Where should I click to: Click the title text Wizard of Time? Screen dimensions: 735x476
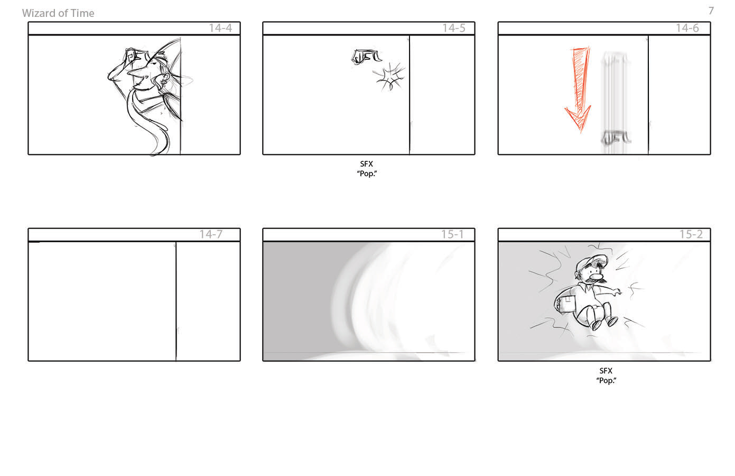[x=58, y=13]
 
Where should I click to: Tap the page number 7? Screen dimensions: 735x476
[x=711, y=11]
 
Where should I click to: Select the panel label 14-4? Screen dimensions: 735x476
[x=220, y=28]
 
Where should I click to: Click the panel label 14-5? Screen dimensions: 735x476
[x=454, y=28]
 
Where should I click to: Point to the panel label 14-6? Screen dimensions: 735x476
[x=687, y=28]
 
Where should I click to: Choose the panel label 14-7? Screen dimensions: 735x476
[x=211, y=234]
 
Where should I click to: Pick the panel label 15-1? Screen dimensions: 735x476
[x=452, y=234]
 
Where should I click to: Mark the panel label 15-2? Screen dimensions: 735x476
[x=691, y=234]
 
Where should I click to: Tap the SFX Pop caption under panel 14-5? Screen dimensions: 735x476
[x=367, y=169]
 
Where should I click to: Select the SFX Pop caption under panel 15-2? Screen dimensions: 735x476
[x=606, y=376]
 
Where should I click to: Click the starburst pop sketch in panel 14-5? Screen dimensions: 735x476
[x=389, y=77]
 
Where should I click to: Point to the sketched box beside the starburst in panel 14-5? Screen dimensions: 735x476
[x=366, y=57]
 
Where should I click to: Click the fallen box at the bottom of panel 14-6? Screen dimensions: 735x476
[x=616, y=138]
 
